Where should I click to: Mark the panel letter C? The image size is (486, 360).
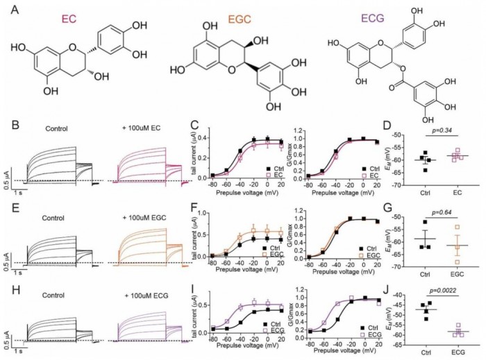[x=195, y=126]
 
